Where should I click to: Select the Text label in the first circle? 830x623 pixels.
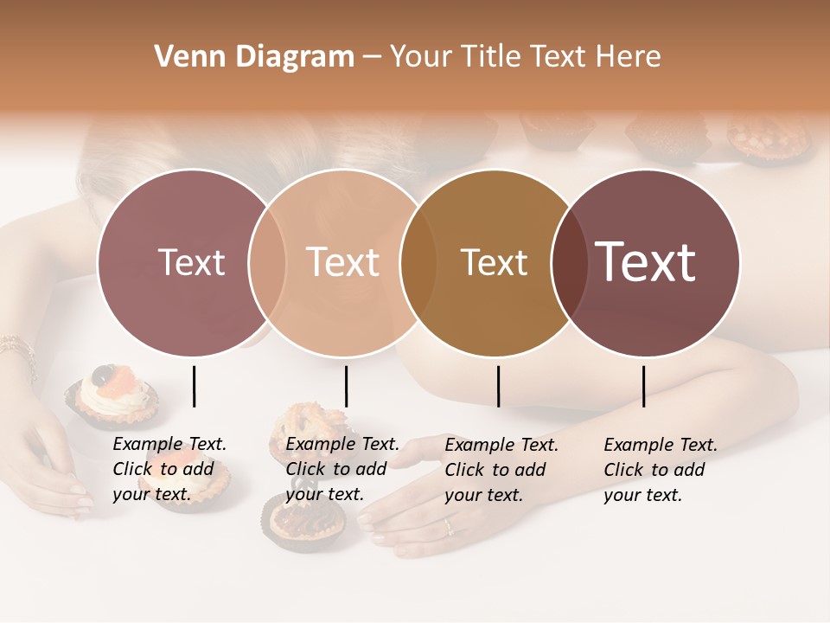(x=192, y=262)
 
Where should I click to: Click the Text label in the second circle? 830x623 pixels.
(x=343, y=262)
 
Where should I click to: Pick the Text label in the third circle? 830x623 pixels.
(x=495, y=262)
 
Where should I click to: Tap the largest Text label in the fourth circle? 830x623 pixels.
(x=646, y=262)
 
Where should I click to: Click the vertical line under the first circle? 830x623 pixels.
(x=194, y=386)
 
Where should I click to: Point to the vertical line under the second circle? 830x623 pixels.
(x=346, y=386)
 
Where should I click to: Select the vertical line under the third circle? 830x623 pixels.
(x=498, y=386)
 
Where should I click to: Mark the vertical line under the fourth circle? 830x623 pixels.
(x=643, y=386)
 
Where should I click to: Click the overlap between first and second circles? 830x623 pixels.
(x=267, y=262)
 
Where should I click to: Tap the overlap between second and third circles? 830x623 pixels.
(x=418, y=262)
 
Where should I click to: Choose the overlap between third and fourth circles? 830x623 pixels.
(x=570, y=262)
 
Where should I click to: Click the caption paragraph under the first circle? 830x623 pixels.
(x=169, y=469)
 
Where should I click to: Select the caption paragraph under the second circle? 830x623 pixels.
(x=342, y=469)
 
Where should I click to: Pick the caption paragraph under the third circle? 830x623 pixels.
(x=501, y=470)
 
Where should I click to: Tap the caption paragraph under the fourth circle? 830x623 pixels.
(x=660, y=470)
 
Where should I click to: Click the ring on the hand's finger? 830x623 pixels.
(x=448, y=525)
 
